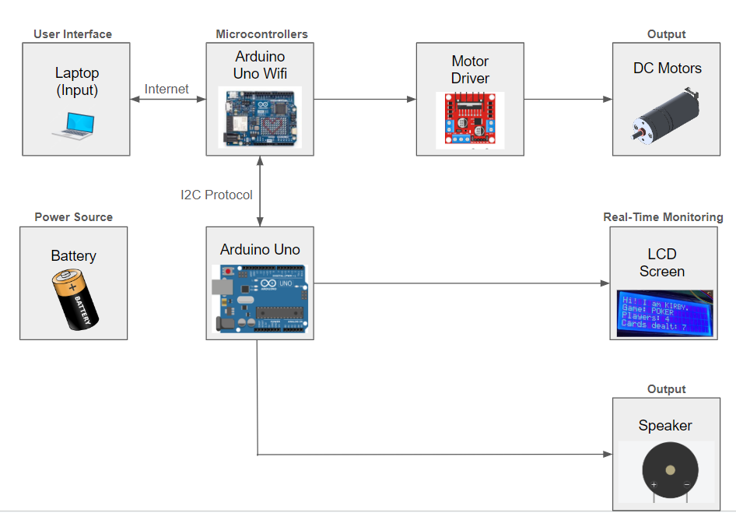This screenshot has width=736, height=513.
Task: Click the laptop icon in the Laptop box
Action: coord(73,125)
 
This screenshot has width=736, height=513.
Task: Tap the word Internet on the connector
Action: coord(166,89)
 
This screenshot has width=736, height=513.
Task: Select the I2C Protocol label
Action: coord(216,195)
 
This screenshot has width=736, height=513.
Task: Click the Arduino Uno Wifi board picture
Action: coord(260,117)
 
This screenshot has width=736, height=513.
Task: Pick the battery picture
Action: coord(73,299)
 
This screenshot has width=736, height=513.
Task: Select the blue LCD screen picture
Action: coord(666,313)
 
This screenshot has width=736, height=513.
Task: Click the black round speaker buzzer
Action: coord(670,471)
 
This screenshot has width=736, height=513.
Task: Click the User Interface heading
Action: coord(73,34)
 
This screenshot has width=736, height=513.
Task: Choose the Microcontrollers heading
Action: coord(261,34)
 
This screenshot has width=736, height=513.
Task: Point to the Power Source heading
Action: coord(73,217)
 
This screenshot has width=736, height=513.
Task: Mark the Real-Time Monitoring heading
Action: coord(663,217)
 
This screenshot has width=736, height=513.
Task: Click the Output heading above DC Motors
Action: coord(667,34)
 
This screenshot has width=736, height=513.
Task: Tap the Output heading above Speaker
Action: coord(667,389)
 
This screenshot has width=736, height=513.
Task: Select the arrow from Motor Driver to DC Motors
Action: coord(567,99)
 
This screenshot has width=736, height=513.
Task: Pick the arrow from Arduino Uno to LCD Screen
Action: coord(462,284)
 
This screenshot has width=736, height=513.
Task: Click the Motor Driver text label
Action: coord(470,69)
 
